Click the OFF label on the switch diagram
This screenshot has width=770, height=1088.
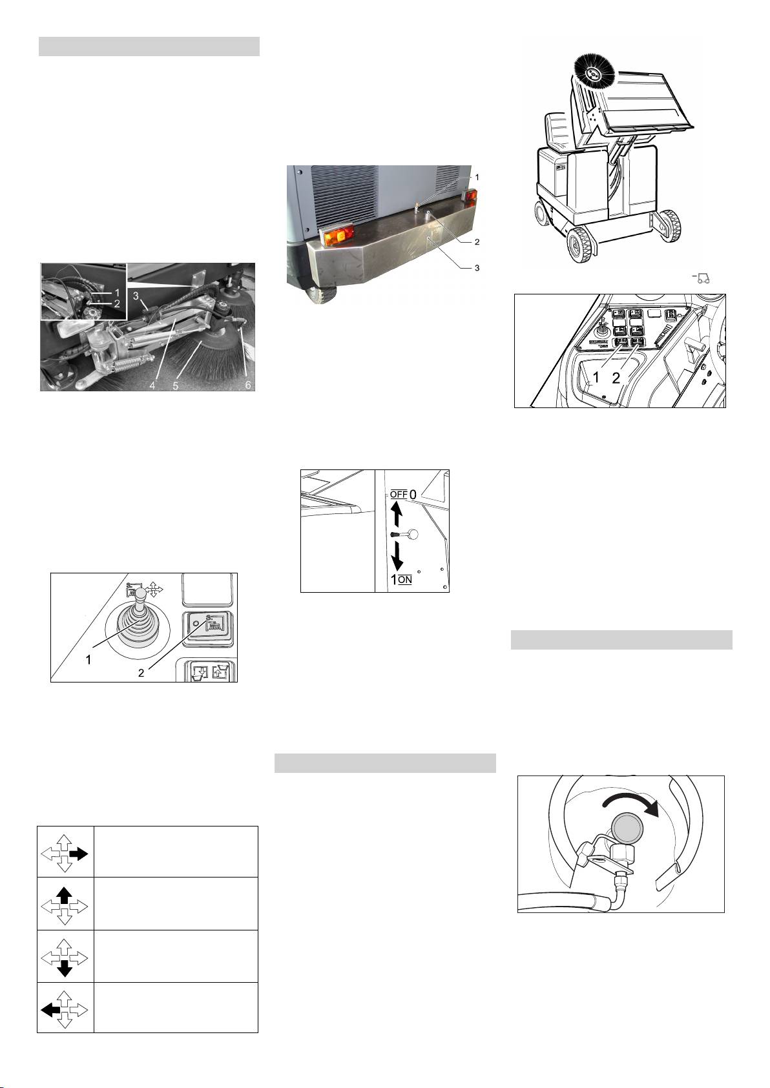(399, 494)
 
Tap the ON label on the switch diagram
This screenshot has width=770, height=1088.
(404, 579)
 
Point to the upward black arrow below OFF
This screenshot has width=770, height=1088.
(397, 515)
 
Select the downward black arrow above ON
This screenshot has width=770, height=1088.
(397, 557)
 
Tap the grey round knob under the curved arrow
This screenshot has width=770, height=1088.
(627, 830)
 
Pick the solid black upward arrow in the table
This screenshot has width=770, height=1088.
(65, 896)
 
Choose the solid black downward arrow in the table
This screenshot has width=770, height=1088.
(65, 968)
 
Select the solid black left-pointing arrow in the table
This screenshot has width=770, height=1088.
(50, 1011)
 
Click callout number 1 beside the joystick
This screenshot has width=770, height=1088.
(88, 660)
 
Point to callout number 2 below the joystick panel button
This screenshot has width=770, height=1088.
(141, 673)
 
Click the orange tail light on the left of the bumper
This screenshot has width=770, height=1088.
(336, 236)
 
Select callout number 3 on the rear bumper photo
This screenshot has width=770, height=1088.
(477, 267)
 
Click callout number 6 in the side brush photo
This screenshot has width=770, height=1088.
(248, 385)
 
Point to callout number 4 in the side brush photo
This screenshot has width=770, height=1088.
(152, 385)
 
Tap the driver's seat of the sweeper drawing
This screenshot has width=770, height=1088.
(557, 130)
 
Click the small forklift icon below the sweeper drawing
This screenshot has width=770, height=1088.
(702, 279)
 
